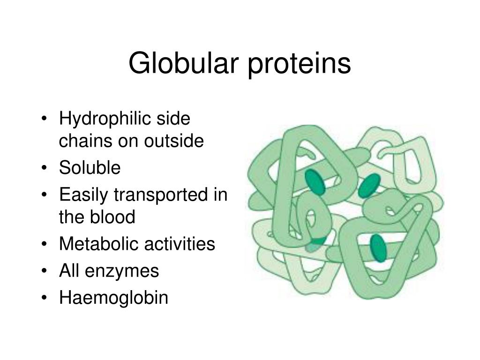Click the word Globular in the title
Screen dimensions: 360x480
point(184,64)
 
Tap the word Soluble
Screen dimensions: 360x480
point(90,168)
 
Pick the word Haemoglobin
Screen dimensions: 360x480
point(113,298)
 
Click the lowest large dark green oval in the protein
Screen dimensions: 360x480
point(378,247)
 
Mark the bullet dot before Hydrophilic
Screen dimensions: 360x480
point(44,120)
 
